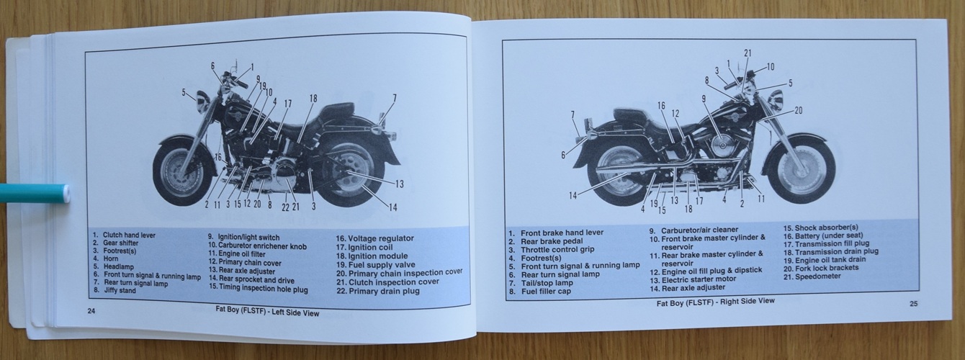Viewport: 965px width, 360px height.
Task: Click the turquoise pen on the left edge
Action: (x=35, y=194)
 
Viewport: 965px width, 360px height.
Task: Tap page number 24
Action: (x=91, y=311)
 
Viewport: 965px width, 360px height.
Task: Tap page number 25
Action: (x=913, y=304)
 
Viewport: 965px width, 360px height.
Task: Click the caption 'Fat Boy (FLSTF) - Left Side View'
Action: (x=267, y=311)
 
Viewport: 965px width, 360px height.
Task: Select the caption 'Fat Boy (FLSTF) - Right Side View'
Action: (x=715, y=302)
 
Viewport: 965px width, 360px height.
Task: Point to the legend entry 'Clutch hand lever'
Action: (x=129, y=235)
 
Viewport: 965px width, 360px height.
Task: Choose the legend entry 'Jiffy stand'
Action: (x=120, y=291)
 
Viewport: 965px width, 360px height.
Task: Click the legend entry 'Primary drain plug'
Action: (x=384, y=291)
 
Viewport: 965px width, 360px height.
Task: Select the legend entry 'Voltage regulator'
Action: (x=380, y=238)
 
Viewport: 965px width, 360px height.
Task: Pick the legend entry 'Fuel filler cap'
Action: (x=546, y=291)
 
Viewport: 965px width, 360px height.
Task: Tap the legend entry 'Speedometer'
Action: (x=817, y=276)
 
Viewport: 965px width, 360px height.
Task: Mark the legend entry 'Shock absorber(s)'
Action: (x=826, y=228)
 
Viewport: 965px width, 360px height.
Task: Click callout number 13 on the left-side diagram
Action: (x=400, y=184)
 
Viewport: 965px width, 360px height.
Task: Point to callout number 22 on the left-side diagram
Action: (x=285, y=207)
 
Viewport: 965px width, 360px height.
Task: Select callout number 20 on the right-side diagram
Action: (x=798, y=111)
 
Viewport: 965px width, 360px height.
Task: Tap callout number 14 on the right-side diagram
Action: (x=573, y=196)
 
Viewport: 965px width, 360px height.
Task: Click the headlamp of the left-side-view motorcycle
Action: (x=202, y=102)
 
